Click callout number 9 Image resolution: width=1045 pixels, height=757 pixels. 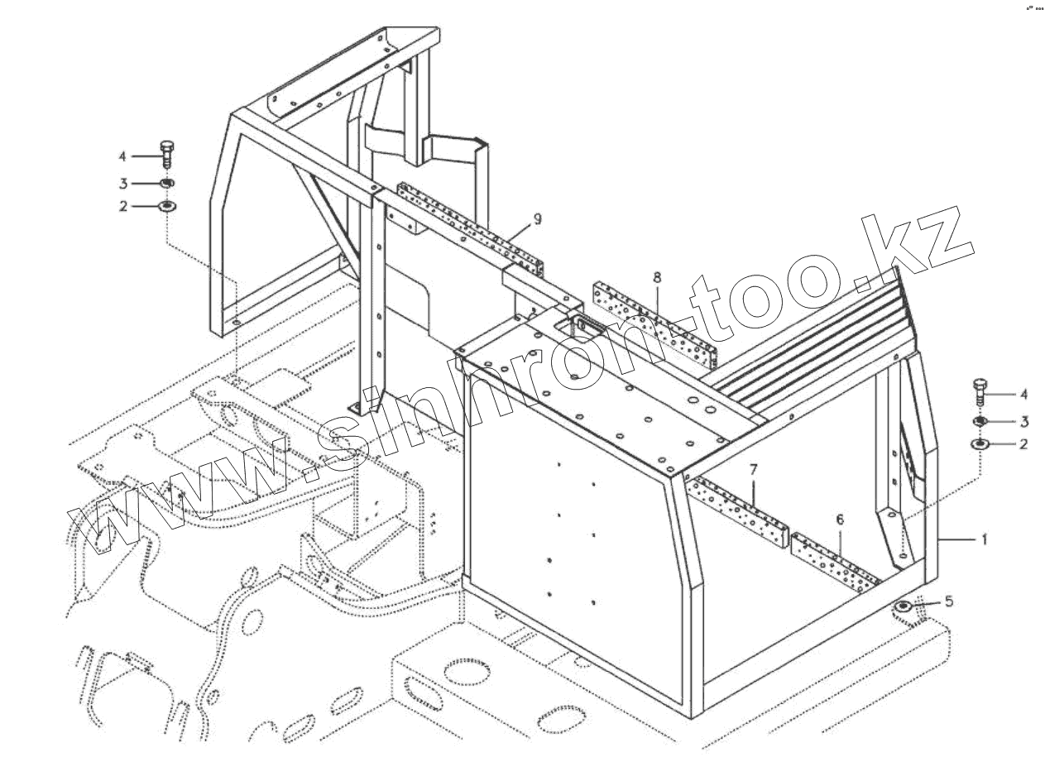[x=537, y=218]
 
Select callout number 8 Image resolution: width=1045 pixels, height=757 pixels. [x=657, y=276]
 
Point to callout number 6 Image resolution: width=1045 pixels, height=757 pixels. [x=840, y=520]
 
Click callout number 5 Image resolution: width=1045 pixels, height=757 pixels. [x=949, y=601]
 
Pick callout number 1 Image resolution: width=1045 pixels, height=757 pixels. [x=985, y=539]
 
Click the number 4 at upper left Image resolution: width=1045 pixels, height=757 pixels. [x=122, y=156]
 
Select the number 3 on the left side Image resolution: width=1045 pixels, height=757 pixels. [x=122, y=183]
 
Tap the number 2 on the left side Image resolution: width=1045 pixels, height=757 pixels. [x=122, y=206]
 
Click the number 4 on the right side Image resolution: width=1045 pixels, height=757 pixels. [x=1023, y=394]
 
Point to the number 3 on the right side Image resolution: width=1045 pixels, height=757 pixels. [x=1023, y=420]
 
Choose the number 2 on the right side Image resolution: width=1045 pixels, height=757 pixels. [x=1023, y=444]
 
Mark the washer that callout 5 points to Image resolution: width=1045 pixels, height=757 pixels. [x=903, y=609]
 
